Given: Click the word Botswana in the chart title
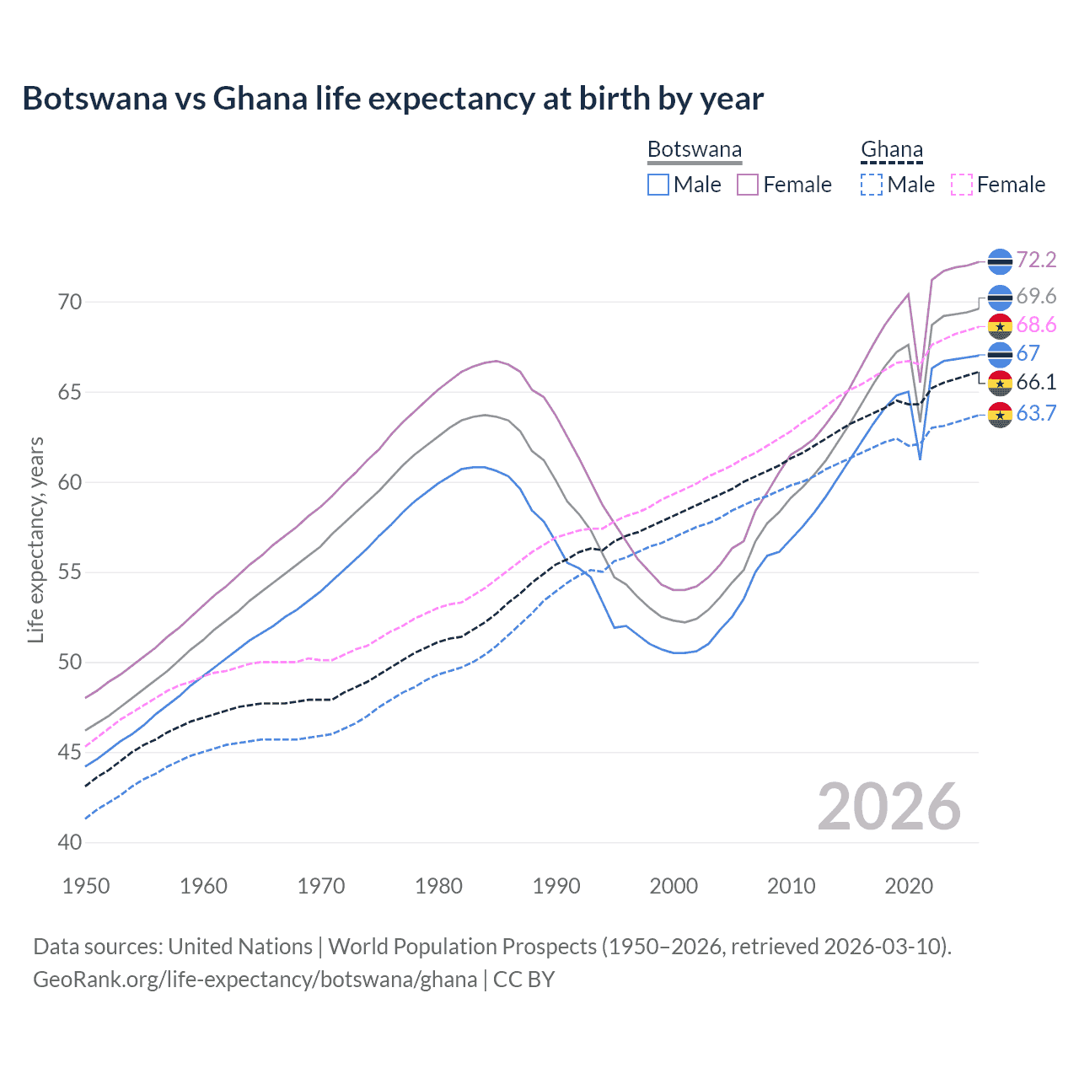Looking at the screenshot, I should coord(94,99).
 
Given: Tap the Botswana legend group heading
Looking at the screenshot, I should coord(695,150).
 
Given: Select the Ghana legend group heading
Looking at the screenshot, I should coord(892,150).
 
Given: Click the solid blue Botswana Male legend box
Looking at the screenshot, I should coord(658,185).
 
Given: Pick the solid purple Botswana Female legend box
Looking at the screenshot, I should coord(748,185).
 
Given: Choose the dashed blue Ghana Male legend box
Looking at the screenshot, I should coord(872,185).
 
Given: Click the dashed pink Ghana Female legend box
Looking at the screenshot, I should coord(961,185).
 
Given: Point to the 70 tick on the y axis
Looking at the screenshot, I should coord(70,302).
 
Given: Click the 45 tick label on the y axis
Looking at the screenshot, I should coord(70,752).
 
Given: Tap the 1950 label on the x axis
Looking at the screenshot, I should coord(86,886).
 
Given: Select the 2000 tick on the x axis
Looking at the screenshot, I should coord(674,886).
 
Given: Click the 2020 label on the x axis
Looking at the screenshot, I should coord(909,886).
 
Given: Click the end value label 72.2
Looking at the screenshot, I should coord(1036,260).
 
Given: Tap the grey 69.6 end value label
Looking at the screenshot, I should coord(1036,297).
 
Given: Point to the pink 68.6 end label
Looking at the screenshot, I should coord(1036,325).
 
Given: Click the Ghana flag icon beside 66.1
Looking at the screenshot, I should coord(1000,383).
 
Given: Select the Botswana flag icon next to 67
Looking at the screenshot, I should coord(1000,354).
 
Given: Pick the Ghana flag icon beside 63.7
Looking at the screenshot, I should coord(1000,414).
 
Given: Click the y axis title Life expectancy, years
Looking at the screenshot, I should coord(36,539).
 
